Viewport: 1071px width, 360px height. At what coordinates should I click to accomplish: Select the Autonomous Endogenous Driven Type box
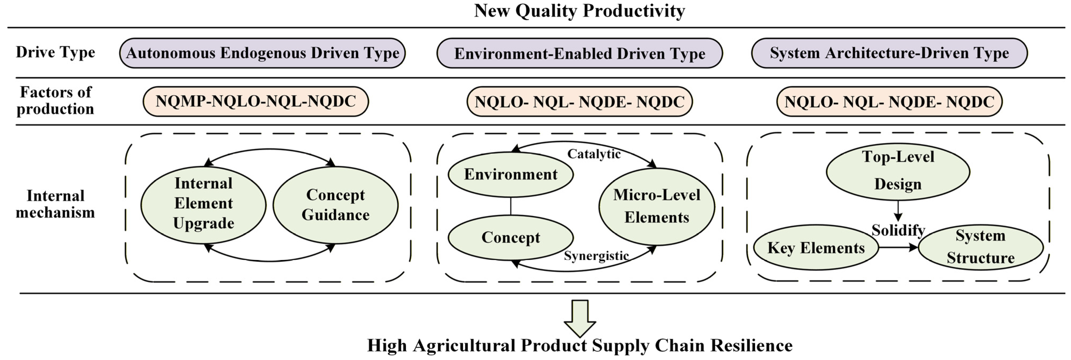click(x=262, y=53)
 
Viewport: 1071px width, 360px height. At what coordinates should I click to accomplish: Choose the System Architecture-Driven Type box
click(x=889, y=53)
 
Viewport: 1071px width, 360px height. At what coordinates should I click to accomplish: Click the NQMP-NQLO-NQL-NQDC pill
click(x=256, y=101)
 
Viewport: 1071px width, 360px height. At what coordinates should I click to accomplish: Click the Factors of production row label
click(x=55, y=101)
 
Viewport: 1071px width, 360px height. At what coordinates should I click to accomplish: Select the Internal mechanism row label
click(x=55, y=204)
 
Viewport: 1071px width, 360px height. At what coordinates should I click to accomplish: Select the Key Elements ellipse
click(x=816, y=248)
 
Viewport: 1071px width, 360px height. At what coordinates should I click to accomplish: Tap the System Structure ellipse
click(x=980, y=247)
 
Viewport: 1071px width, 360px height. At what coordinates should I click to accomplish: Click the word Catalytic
click(x=594, y=154)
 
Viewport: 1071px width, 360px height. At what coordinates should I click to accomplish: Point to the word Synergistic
click(x=596, y=256)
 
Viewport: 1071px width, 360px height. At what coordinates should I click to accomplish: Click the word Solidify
click(x=898, y=230)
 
